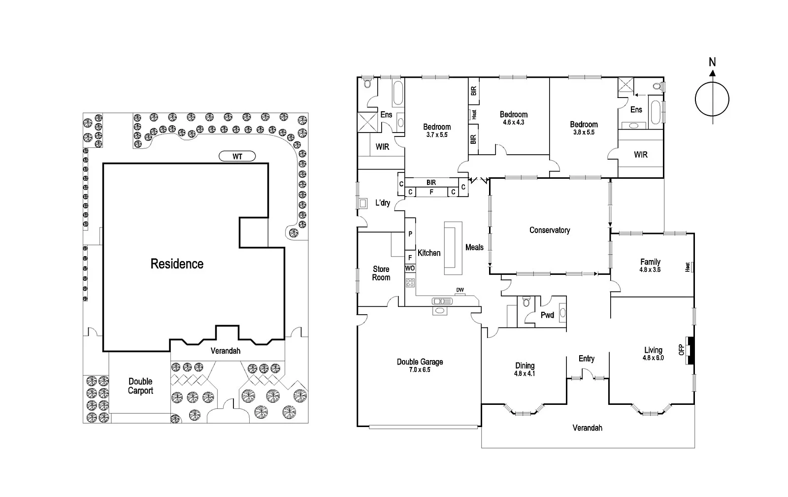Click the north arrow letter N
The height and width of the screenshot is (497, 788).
pos(712,62)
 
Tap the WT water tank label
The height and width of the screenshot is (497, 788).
pos(237,157)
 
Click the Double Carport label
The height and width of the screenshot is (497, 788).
pos(140,386)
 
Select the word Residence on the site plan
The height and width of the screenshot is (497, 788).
pos(177,264)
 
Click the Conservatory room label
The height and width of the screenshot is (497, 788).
pos(550,230)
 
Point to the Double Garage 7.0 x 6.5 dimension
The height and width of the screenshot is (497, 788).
pos(420,369)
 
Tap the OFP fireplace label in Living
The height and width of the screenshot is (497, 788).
pos(682,349)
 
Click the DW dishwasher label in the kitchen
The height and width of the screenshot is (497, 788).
pos(460,290)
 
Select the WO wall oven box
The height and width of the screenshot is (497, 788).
pos(410,268)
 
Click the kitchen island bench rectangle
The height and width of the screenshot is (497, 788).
pos(453,248)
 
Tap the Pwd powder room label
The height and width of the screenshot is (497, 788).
pos(547,315)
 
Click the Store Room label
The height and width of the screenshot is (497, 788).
pos(381,273)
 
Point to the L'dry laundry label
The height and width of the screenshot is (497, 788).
pos(383,203)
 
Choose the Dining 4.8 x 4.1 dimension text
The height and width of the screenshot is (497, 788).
pos(525,373)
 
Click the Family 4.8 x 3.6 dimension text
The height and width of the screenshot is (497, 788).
pos(650,269)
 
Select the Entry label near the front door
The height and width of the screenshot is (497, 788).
pos(586,359)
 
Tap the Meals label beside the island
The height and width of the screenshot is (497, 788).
pos(474,247)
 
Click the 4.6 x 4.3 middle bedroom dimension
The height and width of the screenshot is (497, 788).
pos(513,122)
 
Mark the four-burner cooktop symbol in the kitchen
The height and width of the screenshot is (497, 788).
pos(410,283)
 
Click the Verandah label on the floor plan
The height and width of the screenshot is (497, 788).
pos(587,428)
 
